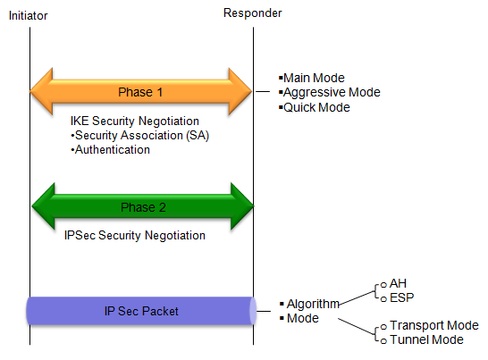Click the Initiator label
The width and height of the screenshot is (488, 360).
[x=28, y=15]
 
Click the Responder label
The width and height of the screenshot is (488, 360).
[x=252, y=13]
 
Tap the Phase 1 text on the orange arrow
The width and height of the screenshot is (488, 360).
[x=140, y=92]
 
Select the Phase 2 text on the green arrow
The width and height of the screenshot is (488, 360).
[x=143, y=207]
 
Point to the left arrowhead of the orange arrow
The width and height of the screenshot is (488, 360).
[x=41, y=91]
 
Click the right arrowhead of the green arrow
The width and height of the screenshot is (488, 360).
[x=242, y=206]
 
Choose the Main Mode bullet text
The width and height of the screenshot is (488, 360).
[x=312, y=78]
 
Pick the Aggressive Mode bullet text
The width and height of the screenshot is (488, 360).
[x=330, y=92]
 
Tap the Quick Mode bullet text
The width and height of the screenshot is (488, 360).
[x=315, y=107]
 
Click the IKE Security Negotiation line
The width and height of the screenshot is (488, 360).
[x=135, y=121]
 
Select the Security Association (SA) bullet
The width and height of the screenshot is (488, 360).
[x=140, y=136]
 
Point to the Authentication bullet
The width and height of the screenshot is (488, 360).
[x=111, y=150]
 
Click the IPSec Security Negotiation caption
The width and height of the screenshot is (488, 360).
[x=135, y=235]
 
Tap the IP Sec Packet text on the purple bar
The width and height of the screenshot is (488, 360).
[x=141, y=311]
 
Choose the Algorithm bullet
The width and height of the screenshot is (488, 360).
[x=310, y=304]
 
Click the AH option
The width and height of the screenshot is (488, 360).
[x=394, y=283]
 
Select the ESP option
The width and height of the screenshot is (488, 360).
[x=398, y=297]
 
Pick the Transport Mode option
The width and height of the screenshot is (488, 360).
[x=430, y=325]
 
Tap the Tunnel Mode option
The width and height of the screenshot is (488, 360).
[x=423, y=339]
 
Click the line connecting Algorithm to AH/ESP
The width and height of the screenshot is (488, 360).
[x=357, y=298]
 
